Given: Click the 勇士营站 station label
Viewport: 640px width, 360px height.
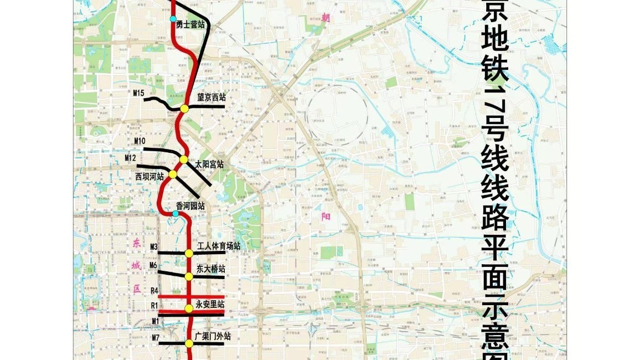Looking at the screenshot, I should pyautogui.click(x=190, y=24).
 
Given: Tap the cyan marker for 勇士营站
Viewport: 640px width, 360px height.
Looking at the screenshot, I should pyautogui.click(x=173, y=19).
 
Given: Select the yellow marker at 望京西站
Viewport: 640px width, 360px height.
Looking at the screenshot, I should pyautogui.click(x=185, y=109).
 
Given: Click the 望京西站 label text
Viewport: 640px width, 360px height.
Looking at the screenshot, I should pyautogui.click(x=211, y=96).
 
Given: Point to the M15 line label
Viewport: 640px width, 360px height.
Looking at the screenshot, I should pyautogui.click(x=139, y=92).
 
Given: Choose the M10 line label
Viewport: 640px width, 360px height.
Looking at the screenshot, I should pyautogui.click(x=140, y=141).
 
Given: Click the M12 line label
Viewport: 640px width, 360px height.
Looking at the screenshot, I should pyautogui.click(x=131, y=158).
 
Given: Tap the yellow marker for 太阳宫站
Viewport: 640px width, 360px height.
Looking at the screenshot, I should pyautogui.click(x=184, y=160).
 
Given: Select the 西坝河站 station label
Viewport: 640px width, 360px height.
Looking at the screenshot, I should pyautogui.click(x=149, y=176).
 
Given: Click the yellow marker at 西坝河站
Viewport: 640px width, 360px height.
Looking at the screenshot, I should pyautogui.click(x=173, y=174).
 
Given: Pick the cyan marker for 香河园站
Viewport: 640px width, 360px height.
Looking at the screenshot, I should pyautogui.click(x=176, y=214).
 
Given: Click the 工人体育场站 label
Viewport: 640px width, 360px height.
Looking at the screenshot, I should pyautogui.click(x=219, y=246).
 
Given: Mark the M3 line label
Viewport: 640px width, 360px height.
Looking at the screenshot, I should pyautogui.click(x=154, y=246).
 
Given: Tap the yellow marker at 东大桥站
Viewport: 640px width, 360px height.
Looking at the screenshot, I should pyautogui.click(x=189, y=276).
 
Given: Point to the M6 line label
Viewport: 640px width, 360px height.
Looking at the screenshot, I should pyautogui.click(x=154, y=265).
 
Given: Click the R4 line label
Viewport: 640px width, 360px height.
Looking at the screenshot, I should pyautogui.click(x=154, y=291).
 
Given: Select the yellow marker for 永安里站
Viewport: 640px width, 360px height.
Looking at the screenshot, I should pyautogui.click(x=189, y=308).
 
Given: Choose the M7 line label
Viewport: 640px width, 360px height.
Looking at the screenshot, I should pyautogui.click(x=155, y=337).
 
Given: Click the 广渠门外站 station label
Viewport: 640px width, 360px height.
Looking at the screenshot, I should pyautogui.click(x=213, y=336).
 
